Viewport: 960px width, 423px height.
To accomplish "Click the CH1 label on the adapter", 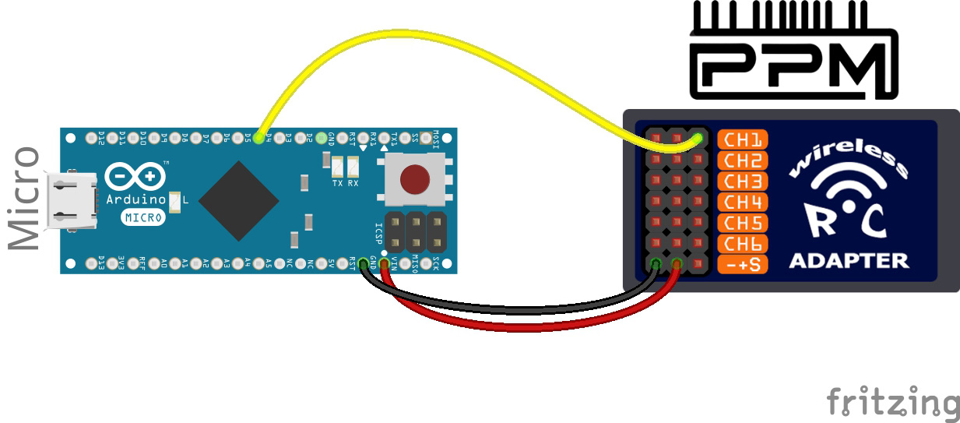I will point(742,140).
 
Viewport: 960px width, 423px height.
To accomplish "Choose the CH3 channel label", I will point(742,182).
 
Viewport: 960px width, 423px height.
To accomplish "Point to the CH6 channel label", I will point(742,244).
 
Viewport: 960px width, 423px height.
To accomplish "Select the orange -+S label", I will point(742,265).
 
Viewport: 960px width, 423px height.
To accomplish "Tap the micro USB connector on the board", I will point(72,202).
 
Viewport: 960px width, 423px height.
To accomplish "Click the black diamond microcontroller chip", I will point(238,201).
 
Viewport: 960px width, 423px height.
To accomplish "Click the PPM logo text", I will point(794,66).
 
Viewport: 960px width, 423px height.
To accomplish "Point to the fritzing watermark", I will point(892,404).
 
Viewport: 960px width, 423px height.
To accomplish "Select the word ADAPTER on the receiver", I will point(849,260).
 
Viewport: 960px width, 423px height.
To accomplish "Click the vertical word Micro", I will point(23,199).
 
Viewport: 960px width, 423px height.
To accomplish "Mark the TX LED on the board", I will point(337,166).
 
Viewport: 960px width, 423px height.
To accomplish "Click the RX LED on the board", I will point(353,166).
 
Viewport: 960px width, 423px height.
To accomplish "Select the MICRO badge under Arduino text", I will point(143,217).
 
